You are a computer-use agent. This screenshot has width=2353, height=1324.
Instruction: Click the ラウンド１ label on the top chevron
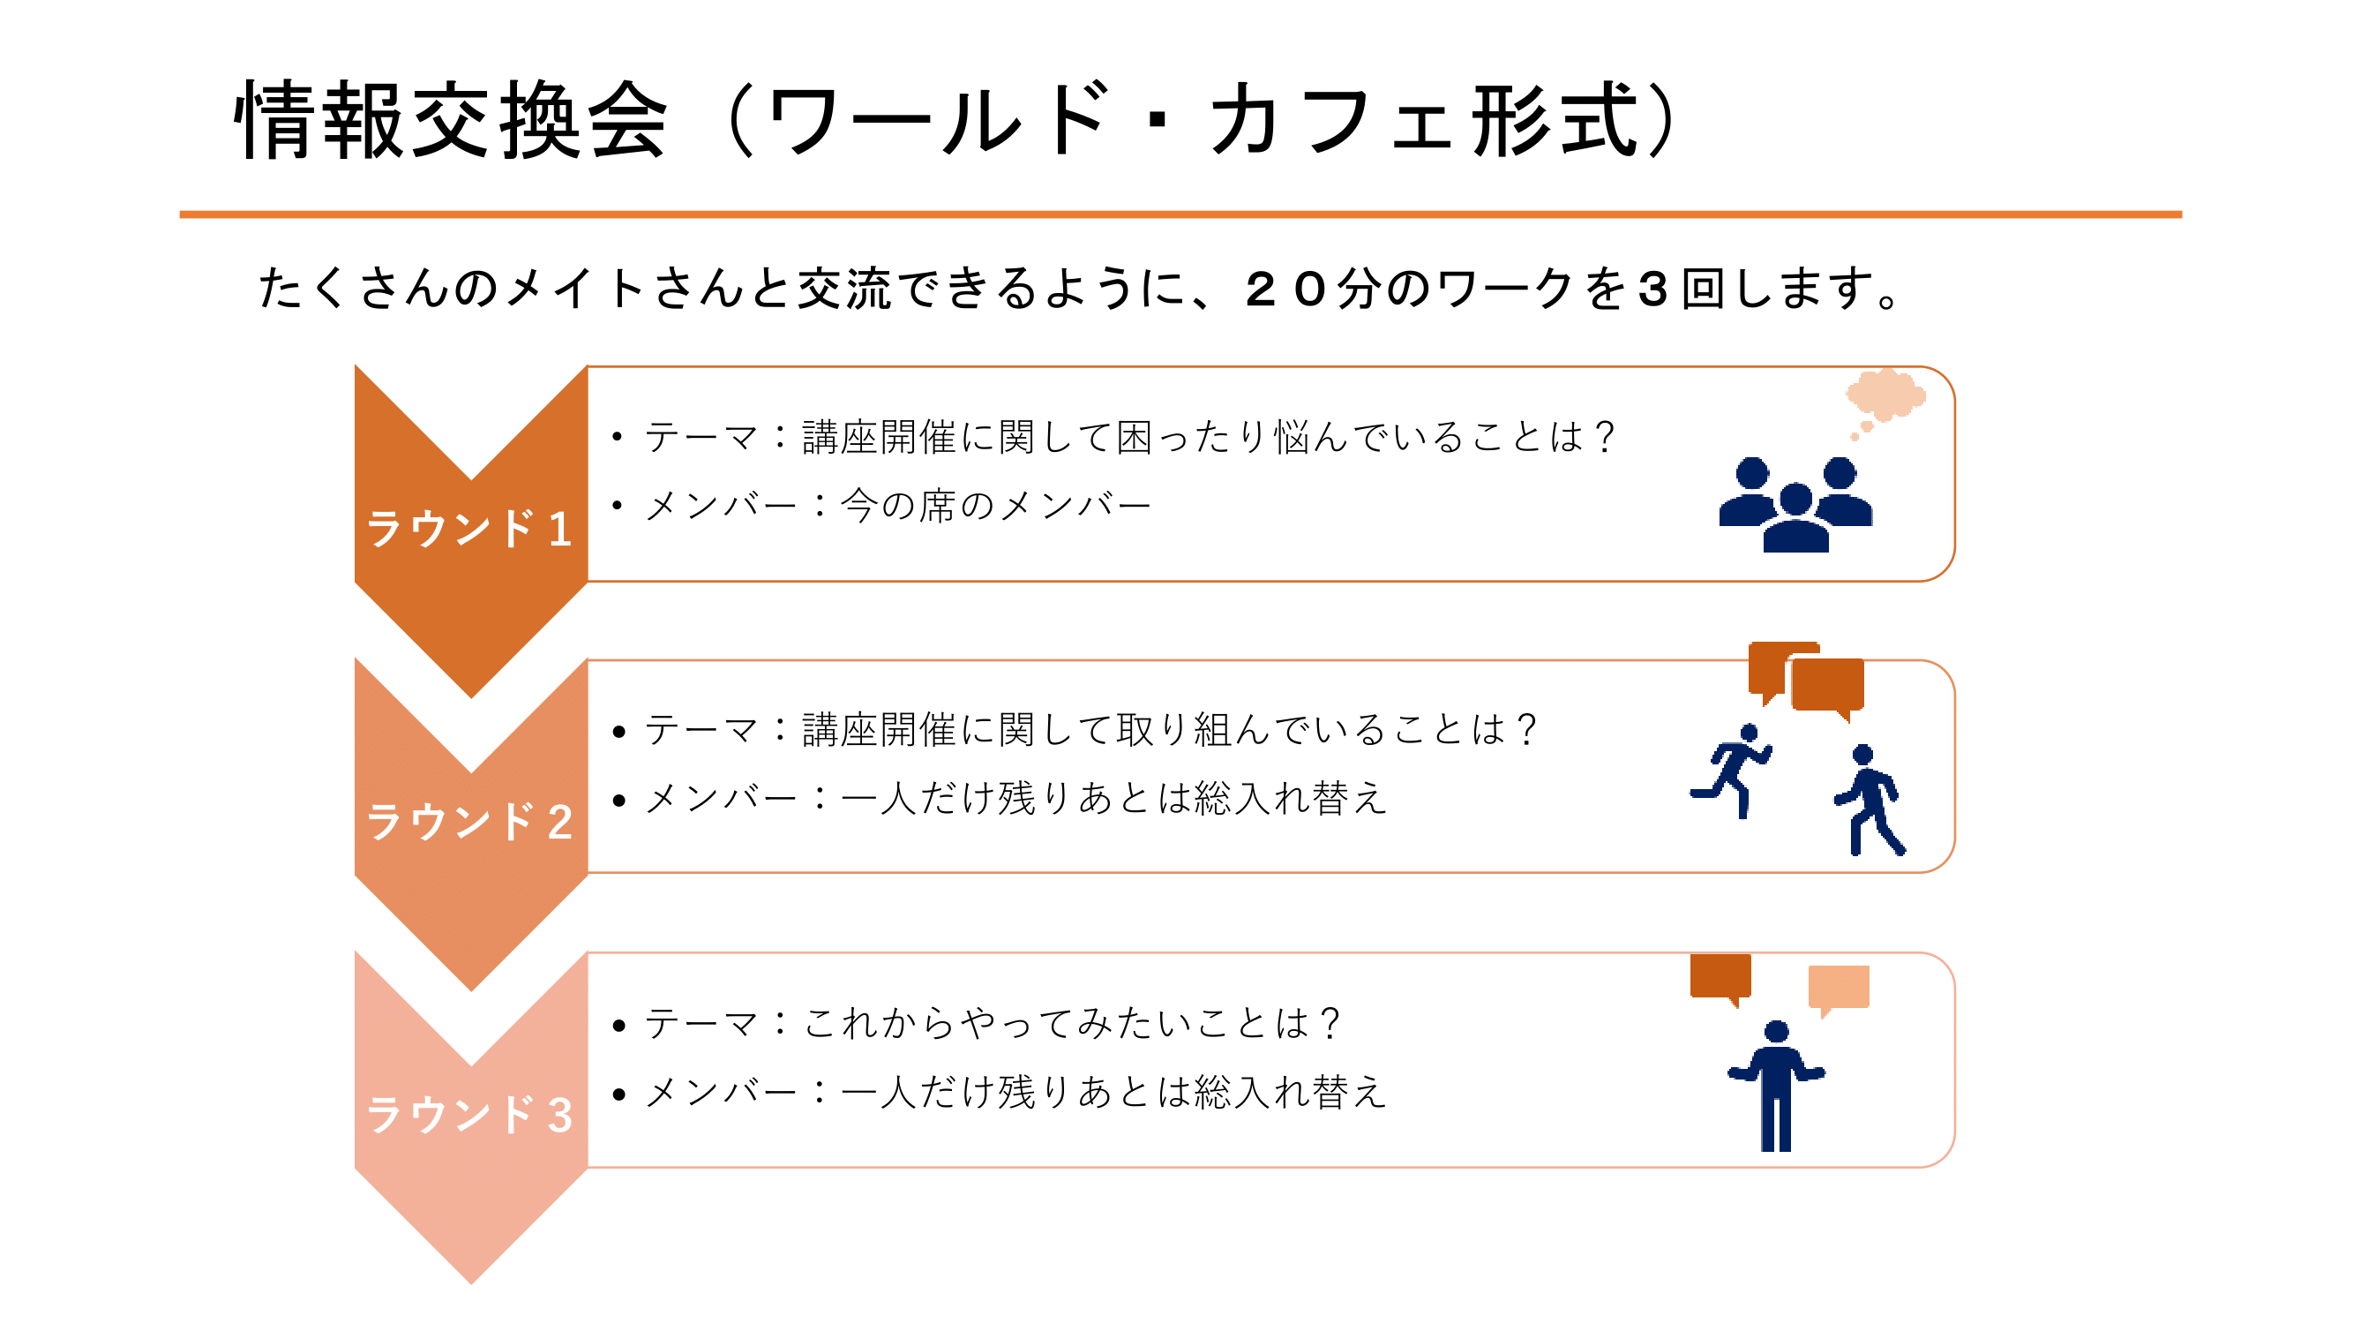469,529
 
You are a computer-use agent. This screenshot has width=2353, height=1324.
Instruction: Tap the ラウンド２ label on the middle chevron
469,822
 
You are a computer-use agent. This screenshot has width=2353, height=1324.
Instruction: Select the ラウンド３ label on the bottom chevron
469,1115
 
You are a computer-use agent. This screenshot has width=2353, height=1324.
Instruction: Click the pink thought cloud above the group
1886,395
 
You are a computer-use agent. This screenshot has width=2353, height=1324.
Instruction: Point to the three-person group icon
1795,504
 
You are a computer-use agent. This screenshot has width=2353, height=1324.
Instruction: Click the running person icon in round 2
1731,771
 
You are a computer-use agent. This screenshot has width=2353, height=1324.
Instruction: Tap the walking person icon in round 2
1869,801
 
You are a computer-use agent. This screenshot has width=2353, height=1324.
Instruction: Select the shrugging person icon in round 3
1776,1087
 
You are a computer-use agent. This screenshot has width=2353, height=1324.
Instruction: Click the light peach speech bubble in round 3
1838,989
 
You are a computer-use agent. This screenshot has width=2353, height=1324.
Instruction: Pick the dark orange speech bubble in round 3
1721,979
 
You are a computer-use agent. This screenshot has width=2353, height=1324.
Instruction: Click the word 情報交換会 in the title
452,121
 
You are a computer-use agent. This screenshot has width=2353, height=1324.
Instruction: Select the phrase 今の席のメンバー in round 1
996,505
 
